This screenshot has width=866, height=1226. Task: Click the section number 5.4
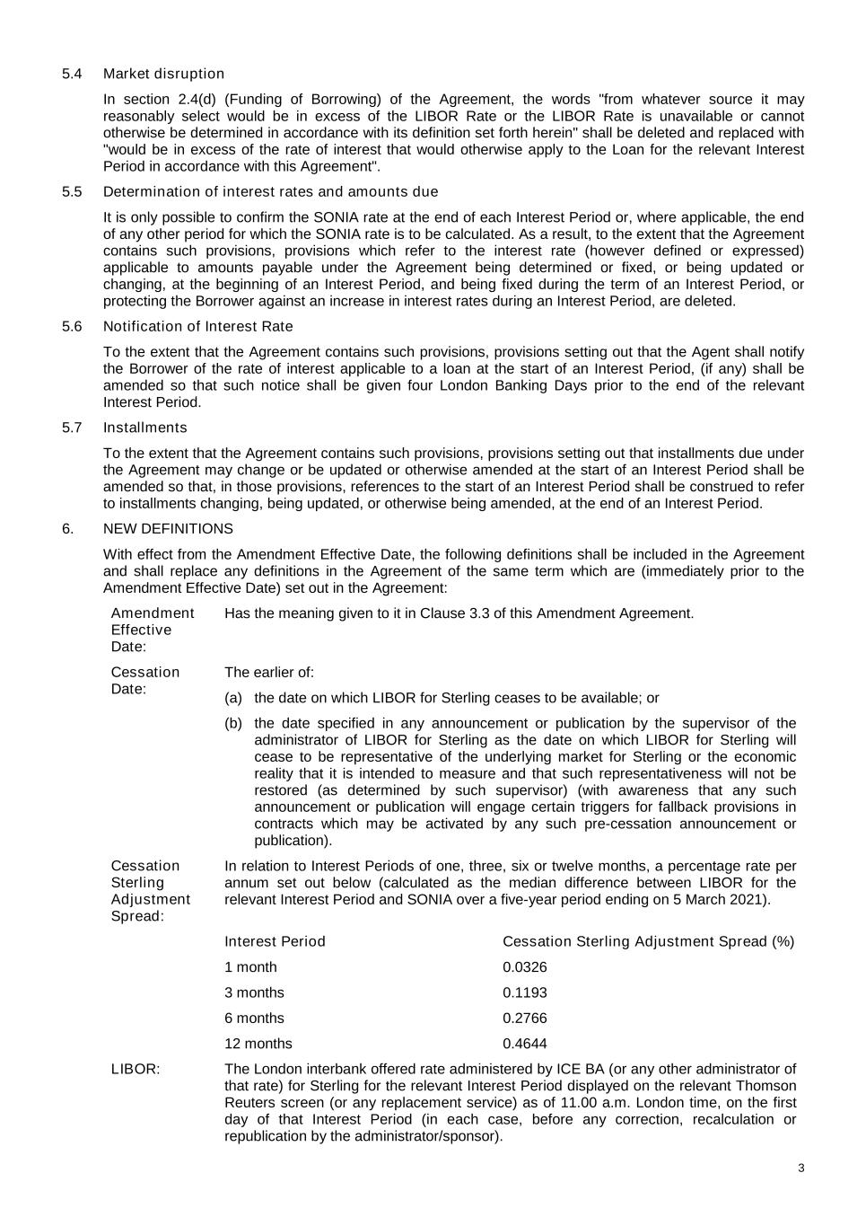coord(72,74)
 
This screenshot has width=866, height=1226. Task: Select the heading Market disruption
coord(163,74)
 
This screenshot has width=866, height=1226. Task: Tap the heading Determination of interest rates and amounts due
coord(270,191)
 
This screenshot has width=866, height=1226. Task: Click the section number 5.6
coord(72,326)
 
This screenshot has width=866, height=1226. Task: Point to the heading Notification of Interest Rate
coord(197,326)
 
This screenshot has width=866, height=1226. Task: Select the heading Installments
coord(144,428)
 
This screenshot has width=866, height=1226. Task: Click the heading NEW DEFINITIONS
coord(168,529)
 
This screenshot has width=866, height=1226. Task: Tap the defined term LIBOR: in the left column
coord(136,1069)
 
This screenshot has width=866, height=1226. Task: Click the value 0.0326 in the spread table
coord(524,967)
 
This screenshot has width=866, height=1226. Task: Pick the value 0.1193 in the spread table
coord(524,992)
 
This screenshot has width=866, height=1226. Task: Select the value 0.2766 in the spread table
coord(524,1018)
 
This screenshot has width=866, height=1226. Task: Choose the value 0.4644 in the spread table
coord(524,1044)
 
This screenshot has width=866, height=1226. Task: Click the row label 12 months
coord(258,1044)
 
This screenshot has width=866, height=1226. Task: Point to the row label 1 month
coord(250,967)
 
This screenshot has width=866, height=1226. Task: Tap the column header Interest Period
coord(275,941)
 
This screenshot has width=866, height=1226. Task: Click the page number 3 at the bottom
coord(800,1169)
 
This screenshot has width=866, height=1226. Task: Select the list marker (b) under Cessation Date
coord(233,723)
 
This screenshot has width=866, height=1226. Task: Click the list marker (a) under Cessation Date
coord(233,698)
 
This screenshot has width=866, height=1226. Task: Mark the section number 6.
coord(67,529)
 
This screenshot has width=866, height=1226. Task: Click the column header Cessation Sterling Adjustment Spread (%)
coord(648,941)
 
